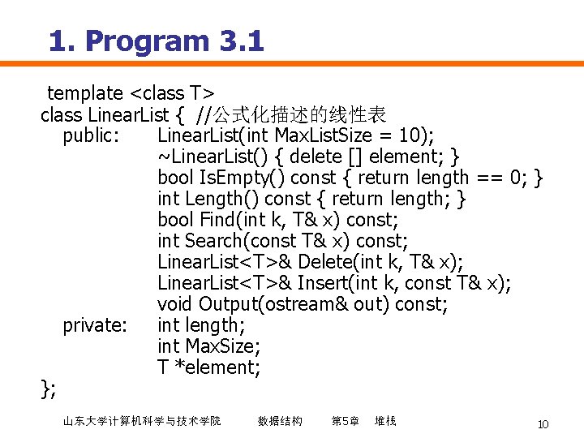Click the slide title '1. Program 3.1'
[156, 41]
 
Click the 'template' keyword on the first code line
[84, 93]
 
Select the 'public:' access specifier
[92, 135]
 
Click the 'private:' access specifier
[95, 325]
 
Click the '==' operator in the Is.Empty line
[489, 178]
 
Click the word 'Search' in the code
[215, 241]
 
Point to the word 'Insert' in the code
[324, 283]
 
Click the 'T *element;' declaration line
[209, 367]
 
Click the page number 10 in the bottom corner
[543, 424]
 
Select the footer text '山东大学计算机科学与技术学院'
[141, 421]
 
